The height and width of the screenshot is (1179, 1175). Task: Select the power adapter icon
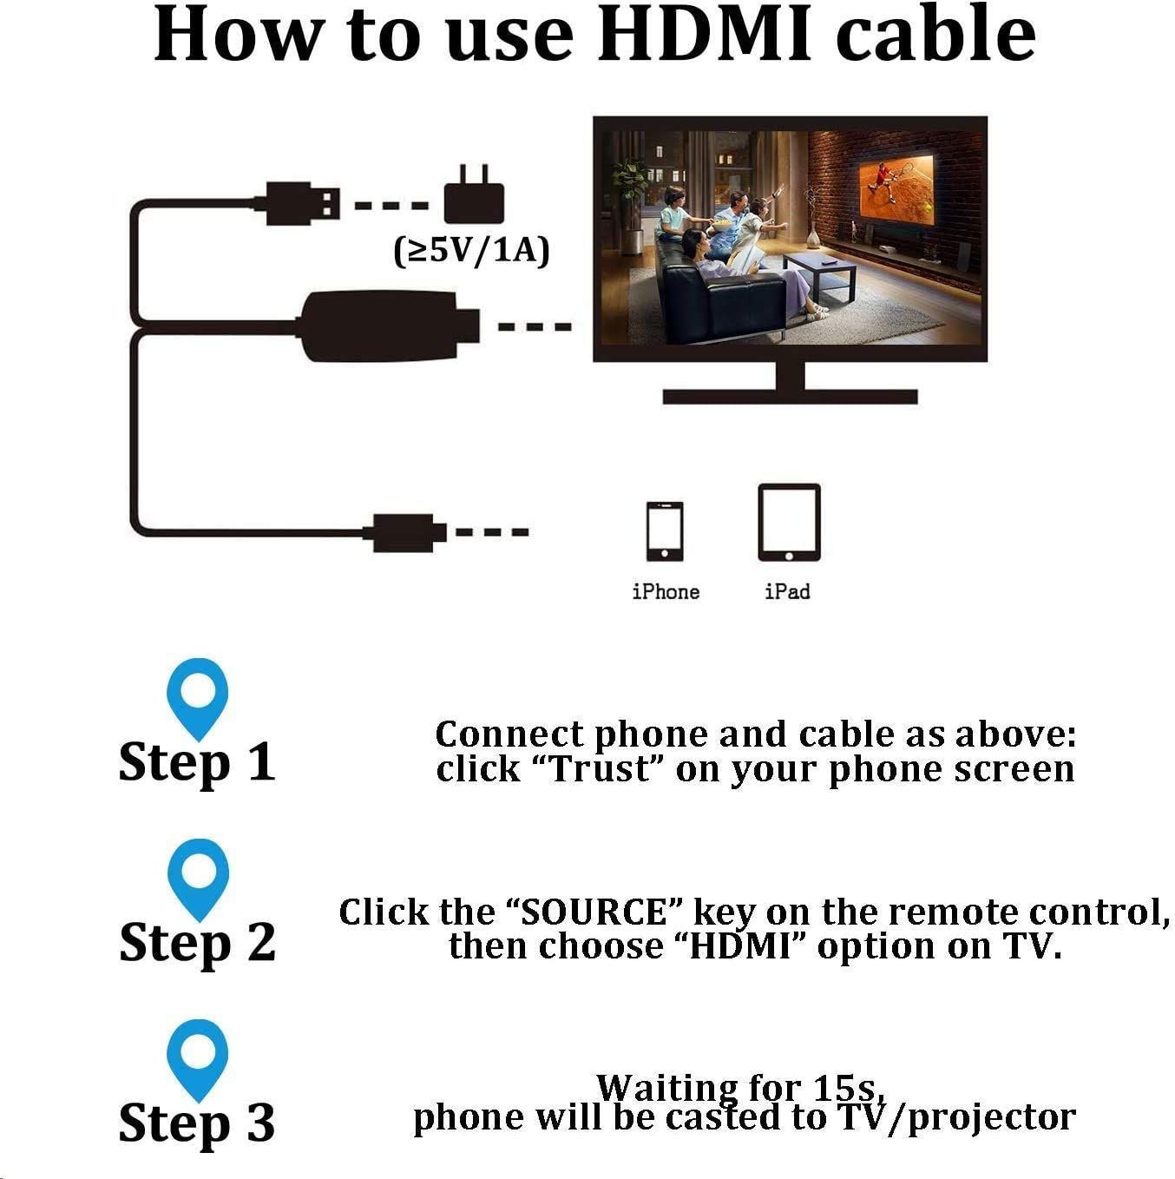[473, 196]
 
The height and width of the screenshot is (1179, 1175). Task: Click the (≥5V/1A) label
[471, 250]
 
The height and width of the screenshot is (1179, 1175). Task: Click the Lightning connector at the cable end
[408, 532]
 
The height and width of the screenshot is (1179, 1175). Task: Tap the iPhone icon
[664, 531]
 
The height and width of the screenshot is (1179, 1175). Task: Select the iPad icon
[789, 523]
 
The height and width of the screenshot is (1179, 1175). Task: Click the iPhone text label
[666, 592]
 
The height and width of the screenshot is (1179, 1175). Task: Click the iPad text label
[787, 592]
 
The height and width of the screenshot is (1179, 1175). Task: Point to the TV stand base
[790, 395]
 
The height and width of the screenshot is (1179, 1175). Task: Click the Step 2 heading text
[197, 942]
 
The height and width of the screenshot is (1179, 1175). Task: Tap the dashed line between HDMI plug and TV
[535, 327]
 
